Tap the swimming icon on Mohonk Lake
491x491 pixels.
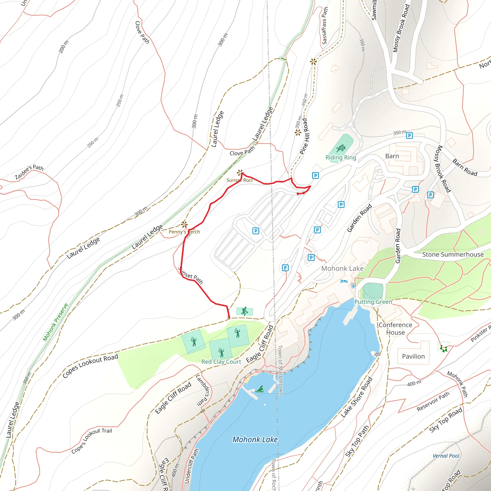point(259,389)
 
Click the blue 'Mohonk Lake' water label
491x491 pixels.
point(255,439)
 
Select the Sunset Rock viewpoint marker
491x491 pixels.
point(240,173)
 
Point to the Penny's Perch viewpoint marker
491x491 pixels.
point(184,224)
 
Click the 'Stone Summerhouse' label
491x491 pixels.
point(453,254)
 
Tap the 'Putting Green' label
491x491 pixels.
point(373,302)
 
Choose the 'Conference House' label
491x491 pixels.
point(395,329)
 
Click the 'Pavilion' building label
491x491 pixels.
point(413,356)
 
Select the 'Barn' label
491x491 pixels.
point(392,156)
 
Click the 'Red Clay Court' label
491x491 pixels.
point(221,362)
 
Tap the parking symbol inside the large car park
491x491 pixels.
point(256,231)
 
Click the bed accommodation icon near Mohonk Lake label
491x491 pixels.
point(344,281)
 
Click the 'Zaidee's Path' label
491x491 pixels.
point(29,172)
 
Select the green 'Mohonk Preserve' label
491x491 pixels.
point(55,322)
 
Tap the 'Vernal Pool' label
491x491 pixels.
point(446,456)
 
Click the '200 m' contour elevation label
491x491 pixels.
point(64,47)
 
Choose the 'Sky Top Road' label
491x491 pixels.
point(445,420)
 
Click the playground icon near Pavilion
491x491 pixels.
point(444,348)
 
